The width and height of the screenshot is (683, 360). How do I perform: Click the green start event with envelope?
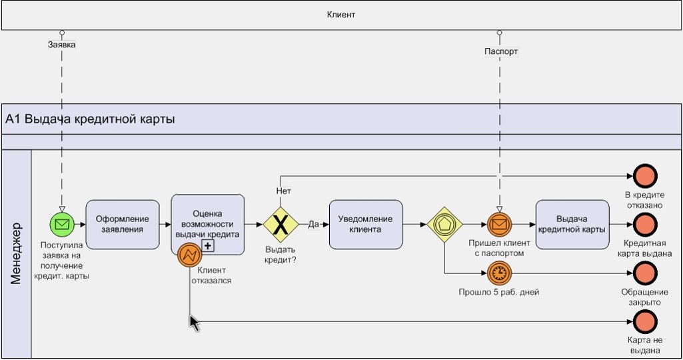[x=62, y=225]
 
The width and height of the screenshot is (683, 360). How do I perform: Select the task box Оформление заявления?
[x=123, y=225]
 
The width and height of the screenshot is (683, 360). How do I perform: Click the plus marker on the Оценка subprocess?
[x=208, y=246]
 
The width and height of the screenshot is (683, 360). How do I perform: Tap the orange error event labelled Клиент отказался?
[x=190, y=254]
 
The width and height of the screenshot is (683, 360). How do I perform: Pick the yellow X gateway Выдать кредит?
[x=281, y=225]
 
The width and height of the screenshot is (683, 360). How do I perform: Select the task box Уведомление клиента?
[x=366, y=225]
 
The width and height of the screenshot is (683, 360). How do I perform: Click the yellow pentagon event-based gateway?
[x=444, y=225]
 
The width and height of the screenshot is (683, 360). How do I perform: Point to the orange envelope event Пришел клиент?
[x=499, y=225]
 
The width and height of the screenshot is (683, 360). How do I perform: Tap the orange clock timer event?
[x=499, y=273]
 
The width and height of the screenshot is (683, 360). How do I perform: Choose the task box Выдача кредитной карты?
[x=572, y=225]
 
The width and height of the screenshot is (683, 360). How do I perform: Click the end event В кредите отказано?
[x=645, y=176]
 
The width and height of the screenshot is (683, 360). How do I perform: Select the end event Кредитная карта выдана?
[x=645, y=225]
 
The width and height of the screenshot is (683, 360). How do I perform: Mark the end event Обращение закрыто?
[x=645, y=273]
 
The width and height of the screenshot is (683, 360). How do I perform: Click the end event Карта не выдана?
[x=645, y=323]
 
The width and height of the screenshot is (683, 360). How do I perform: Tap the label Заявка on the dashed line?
[x=61, y=45]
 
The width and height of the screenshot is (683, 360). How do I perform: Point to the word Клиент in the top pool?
[x=341, y=15]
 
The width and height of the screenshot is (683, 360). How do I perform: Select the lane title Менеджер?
[x=17, y=253]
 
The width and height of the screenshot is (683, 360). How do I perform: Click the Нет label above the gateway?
[x=283, y=191]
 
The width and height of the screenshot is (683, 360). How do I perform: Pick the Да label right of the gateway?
[x=313, y=225]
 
